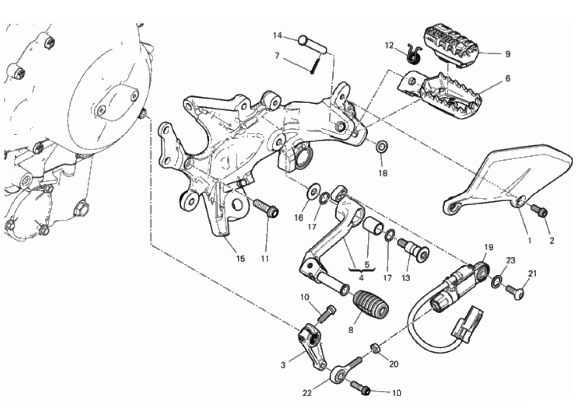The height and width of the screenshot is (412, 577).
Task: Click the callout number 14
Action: tap(277, 35)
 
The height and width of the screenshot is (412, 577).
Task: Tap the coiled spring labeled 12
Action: tap(414, 55)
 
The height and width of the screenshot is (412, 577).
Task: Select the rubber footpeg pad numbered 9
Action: tap(451, 46)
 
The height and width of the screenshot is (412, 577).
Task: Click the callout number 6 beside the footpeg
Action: tap(508, 78)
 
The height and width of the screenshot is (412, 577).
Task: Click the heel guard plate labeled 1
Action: tap(508, 180)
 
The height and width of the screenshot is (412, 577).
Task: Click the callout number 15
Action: tap(240, 259)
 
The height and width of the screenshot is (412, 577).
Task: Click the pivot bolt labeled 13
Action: tap(413, 250)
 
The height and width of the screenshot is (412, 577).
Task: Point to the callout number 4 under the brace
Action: tap(361, 277)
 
